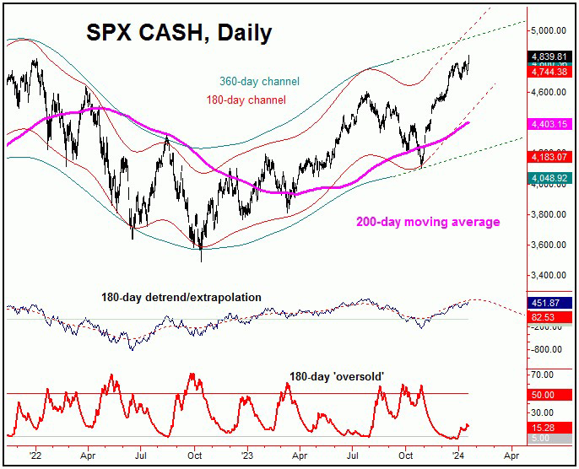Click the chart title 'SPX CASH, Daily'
(x=179, y=33)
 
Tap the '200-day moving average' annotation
(x=426, y=222)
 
